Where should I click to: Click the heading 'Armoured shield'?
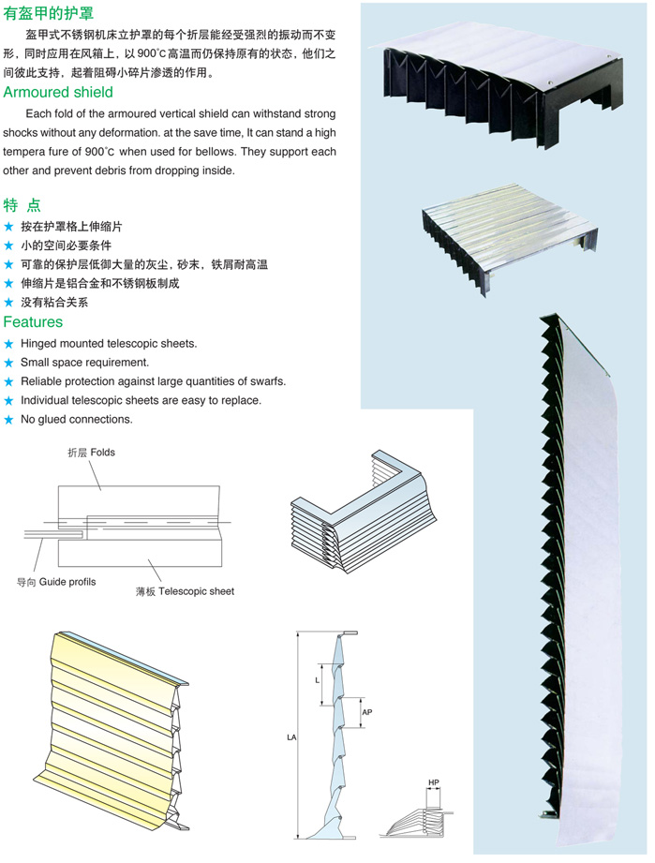tap(58, 92)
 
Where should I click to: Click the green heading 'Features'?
tap(33, 322)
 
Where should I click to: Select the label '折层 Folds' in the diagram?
tap(91, 452)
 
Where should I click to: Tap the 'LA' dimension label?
tap(290, 738)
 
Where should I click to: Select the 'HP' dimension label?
tap(433, 781)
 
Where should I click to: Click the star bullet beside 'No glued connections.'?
tap(9, 420)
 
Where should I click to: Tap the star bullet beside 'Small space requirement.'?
tap(9, 363)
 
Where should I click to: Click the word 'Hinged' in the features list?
tap(39, 344)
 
